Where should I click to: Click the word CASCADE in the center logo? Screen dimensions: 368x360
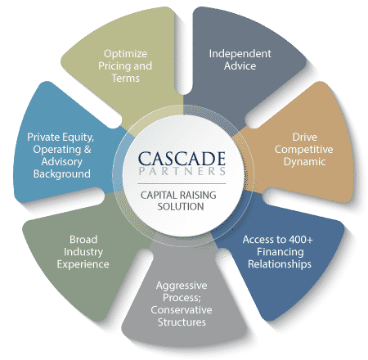pos(182,159)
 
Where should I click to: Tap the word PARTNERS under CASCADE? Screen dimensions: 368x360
pos(182,171)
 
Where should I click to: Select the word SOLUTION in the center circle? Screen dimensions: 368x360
pos(181,206)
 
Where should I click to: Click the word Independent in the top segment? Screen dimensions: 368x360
pos(240,53)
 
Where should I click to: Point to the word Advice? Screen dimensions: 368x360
pos(240,65)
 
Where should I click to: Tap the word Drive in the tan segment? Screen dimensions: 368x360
pos(304,137)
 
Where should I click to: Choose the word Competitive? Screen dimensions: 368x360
pos(303,150)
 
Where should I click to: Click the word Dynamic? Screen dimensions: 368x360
pos(304,162)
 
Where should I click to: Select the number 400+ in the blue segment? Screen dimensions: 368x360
pos(301,240)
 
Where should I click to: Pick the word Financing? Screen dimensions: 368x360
pos(280,252)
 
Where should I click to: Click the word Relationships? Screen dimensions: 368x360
pos(280,264)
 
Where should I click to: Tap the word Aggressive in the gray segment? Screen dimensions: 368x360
pos(182,286)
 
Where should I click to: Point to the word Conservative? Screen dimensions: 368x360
pos(182,310)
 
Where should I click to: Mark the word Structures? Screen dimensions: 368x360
pos(182,322)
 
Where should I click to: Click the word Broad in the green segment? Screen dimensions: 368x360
pos(83,240)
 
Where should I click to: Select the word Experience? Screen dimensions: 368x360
pos(83,264)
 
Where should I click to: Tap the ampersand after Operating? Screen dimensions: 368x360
pos(88,149)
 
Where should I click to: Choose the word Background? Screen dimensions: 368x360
pos(62,174)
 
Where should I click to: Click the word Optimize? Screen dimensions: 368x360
pos(125,54)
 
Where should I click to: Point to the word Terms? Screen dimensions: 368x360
pos(125,79)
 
